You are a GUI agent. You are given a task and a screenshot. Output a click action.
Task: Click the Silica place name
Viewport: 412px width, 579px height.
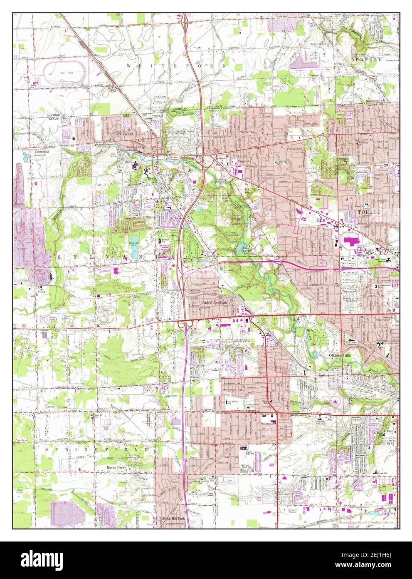point(41,292)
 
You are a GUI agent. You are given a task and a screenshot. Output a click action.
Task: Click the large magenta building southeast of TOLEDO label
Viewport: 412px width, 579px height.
point(351,242)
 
